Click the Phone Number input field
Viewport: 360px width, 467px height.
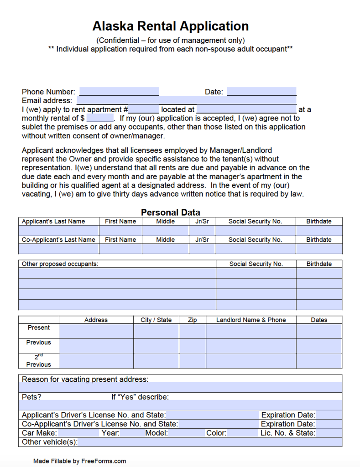click(119, 92)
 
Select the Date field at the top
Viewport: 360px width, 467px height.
click(261, 92)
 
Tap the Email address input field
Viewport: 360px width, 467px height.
click(186, 101)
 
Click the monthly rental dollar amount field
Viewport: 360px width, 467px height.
click(99, 118)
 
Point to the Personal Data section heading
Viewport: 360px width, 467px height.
click(170, 212)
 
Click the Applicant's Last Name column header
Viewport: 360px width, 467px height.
click(53, 222)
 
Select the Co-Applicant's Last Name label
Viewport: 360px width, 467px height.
click(58, 240)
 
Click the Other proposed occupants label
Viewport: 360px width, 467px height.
click(60, 264)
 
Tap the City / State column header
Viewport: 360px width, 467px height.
click(156, 320)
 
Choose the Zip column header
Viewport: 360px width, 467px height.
click(192, 320)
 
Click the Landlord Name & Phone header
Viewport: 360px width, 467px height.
click(251, 320)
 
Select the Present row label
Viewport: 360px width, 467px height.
click(39, 328)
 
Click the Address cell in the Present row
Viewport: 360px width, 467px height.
click(96, 331)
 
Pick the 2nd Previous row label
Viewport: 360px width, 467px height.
click(39, 361)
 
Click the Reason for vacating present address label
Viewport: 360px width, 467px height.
click(85, 379)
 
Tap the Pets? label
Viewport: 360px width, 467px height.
click(31, 397)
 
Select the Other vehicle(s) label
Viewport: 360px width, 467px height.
click(50, 442)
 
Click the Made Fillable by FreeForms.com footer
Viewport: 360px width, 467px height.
click(79, 461)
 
